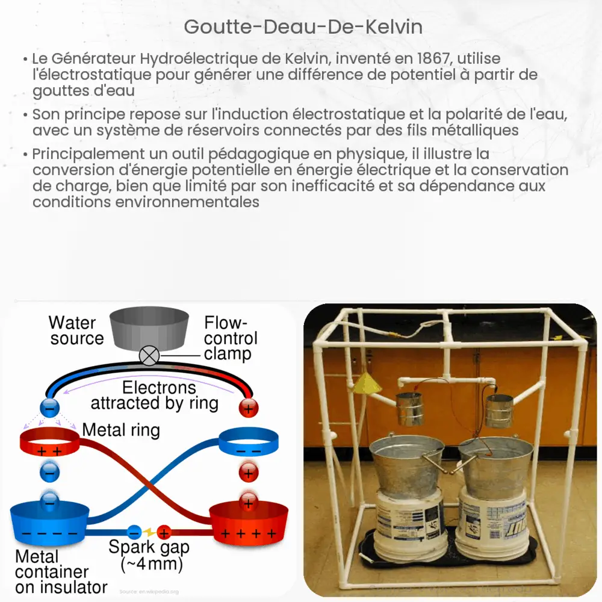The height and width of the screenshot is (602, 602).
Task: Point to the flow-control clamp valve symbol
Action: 148,356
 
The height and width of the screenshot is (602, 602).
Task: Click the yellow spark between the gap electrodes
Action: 149,532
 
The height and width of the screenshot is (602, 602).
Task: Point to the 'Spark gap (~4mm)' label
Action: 149,555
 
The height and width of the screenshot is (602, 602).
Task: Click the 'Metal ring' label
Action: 121,430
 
